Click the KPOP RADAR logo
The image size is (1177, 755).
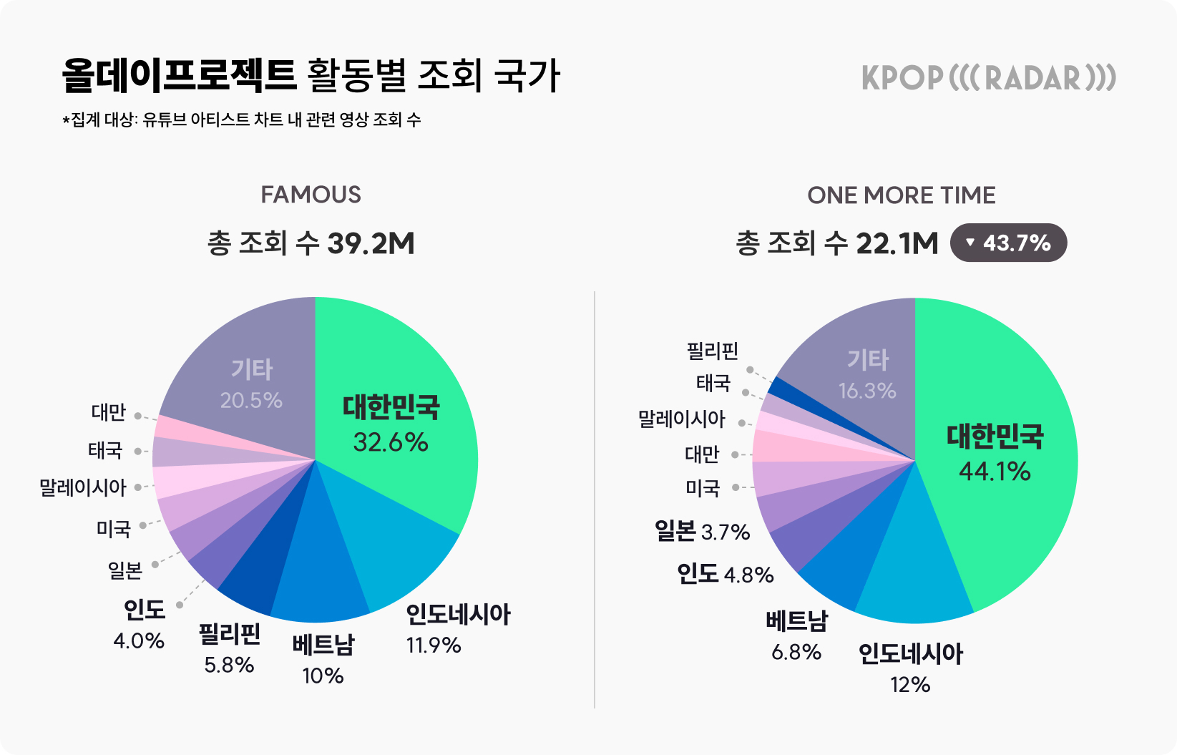(988, 78)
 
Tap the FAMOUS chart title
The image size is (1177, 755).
(311, 195)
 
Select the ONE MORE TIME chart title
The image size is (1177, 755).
(901, 195)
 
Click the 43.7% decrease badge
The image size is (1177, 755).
(1008, 243)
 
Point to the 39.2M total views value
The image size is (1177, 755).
(371, 244)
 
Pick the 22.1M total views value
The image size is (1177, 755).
(897, 244)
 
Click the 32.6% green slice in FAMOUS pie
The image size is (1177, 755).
(401, 401)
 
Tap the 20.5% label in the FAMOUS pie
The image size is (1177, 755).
(251, 400)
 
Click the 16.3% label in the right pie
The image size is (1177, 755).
(867, 391)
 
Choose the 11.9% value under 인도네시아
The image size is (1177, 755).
(434, 646)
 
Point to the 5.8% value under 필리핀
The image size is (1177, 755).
(229, 666)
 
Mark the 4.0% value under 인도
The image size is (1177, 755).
(139, 640)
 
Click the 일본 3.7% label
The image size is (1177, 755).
(702, 532)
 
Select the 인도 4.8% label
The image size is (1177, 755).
(726, 575)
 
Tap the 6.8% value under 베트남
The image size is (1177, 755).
(796, 653)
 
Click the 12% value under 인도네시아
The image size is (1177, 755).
(910, 685)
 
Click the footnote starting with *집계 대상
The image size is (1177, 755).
(242, 120)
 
